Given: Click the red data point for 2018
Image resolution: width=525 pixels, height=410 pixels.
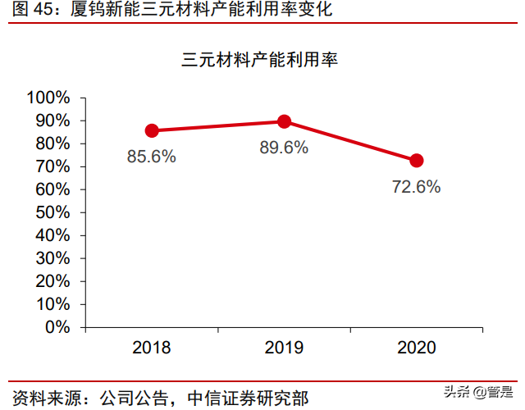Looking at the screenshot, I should tap(152, 130).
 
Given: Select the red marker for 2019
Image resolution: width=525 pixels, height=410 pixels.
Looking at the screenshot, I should tap(285, 121).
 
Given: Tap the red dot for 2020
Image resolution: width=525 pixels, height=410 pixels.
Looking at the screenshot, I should tap(417, 161).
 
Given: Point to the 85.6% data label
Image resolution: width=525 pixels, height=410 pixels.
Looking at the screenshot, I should tap(151, 157).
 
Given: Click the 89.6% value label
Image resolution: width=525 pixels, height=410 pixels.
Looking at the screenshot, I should tap(284, 148).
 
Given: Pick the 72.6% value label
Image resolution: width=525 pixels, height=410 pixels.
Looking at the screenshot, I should tap(416, 187).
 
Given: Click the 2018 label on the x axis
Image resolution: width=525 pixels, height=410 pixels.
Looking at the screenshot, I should tap(152, 348).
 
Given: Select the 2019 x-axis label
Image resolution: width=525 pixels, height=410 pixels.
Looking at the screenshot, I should tap(285, 348).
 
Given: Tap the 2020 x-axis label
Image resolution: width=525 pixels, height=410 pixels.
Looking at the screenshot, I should tap(417, 348).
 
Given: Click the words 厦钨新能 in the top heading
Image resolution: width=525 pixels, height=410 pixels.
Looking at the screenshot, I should tap(92, 11).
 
